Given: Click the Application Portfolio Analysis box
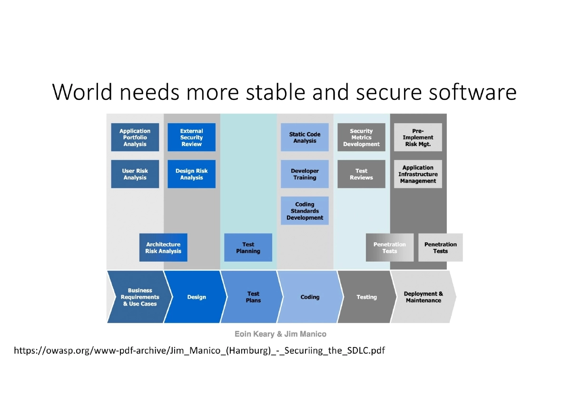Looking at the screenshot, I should click(x=135, y=138).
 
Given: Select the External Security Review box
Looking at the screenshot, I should click(x=191, y=138).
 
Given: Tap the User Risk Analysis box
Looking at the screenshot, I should click(x=135, y=174).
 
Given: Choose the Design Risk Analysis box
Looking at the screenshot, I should click(x=191, y=174).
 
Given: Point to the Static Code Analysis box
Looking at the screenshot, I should click(x=305, y=138).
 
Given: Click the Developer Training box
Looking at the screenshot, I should click(x=305, y=174).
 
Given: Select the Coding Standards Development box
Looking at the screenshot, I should click(x=305, y=211).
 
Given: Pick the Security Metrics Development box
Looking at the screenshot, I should click(x=361, y=138).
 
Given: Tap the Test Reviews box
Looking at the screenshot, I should click(x=361, y=174).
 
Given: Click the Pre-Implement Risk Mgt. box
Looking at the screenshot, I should click(x=418, y=138).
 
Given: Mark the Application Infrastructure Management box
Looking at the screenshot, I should click(x=418, y=174).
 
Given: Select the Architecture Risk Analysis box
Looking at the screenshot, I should click(x=163, y=247).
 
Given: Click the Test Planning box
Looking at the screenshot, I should click(x=248, y=247).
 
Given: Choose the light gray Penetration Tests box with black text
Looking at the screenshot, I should click(x=440, y=247).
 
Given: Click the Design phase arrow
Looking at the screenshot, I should click(x=196, y=297).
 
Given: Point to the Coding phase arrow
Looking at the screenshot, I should click(x=310, y=297).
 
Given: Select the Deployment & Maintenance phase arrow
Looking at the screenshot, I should click(x=423, y=297).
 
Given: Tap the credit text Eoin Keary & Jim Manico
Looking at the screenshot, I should click(x=280, y=334).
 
